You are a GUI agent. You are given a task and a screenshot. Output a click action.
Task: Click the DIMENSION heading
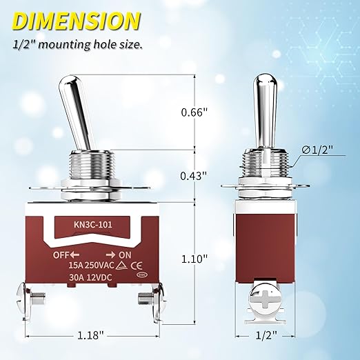point(77,21)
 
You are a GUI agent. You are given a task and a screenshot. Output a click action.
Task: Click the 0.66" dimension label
point(194,112)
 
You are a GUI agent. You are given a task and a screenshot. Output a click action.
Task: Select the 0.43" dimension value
point(194,176)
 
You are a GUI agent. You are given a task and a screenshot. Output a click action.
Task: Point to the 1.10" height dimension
point(194,259)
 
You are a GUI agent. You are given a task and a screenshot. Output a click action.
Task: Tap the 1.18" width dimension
point(91,335)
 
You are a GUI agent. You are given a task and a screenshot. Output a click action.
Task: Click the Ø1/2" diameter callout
point(317,150)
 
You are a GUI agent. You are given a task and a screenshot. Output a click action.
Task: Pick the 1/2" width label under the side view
point(267,335)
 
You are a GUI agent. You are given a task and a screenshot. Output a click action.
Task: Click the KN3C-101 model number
point(93,224)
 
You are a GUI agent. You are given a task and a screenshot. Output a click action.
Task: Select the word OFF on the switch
point(61,255)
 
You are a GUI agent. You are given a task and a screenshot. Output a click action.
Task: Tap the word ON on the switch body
point(125,255)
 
